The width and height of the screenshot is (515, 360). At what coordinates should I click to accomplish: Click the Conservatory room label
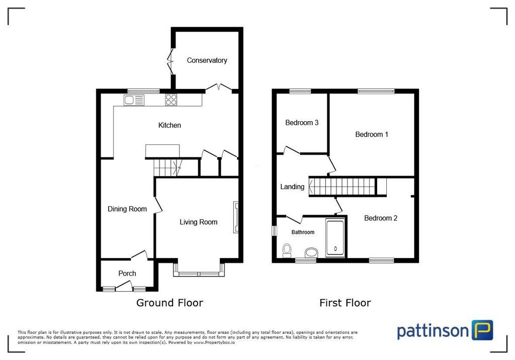point(207,60)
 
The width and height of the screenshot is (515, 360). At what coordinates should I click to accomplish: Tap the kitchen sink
point(134,100)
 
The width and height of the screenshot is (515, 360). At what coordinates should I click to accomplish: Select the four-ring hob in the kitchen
point(171,100)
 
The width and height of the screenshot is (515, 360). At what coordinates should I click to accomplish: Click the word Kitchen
point(169,125)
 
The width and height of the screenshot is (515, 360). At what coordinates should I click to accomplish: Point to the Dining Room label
point(127,209)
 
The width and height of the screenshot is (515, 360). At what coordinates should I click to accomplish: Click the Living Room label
point(198,222)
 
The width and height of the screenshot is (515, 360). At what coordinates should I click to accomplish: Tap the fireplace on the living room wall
point(236,217)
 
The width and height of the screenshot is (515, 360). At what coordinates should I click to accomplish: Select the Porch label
point(127,274)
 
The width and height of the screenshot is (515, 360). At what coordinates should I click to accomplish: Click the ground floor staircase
point(168,167)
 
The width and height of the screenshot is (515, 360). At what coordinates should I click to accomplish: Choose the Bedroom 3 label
point(302,123)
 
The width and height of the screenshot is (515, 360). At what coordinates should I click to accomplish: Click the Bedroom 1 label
point(372,134)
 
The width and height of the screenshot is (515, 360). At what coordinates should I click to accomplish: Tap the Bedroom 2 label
point(381,218)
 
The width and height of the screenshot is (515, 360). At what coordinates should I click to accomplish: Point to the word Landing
point(292,187)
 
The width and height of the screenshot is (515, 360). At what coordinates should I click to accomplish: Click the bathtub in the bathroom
point(335,238)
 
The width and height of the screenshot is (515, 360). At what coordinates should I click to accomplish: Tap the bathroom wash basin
point(311,253)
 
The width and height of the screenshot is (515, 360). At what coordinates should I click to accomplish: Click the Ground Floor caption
point(170,303)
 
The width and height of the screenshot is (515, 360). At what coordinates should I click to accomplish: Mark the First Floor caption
point(345,303)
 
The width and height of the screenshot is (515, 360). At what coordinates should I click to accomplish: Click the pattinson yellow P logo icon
point(482,330)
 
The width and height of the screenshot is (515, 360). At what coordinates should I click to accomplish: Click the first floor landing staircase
point(342,187)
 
